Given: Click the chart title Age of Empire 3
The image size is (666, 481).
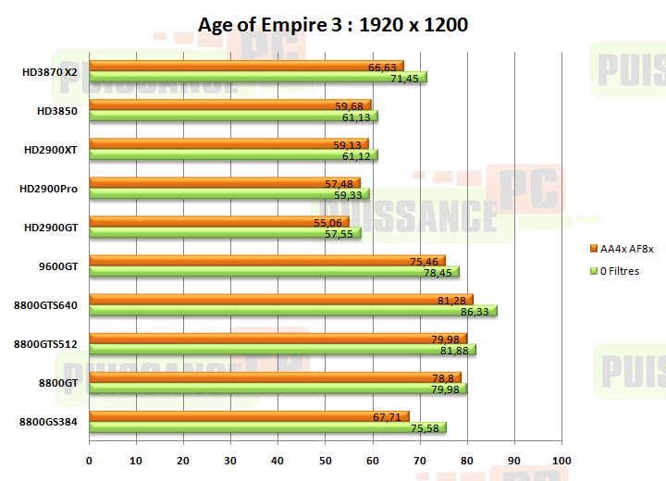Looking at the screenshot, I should (333, 25).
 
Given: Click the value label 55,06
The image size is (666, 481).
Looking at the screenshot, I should (327, 223).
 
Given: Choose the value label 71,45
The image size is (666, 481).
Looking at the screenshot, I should (405, 79).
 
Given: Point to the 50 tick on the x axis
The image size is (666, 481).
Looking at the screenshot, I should (326, 460).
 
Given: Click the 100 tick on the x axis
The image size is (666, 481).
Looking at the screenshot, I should (561, 460).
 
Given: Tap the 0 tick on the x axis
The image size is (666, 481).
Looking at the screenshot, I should (90, 460).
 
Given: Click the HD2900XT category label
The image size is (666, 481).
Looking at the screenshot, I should (51, 150).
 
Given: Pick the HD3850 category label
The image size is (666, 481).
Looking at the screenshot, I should (57, 111).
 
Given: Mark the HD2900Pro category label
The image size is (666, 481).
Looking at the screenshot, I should (48, 189).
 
